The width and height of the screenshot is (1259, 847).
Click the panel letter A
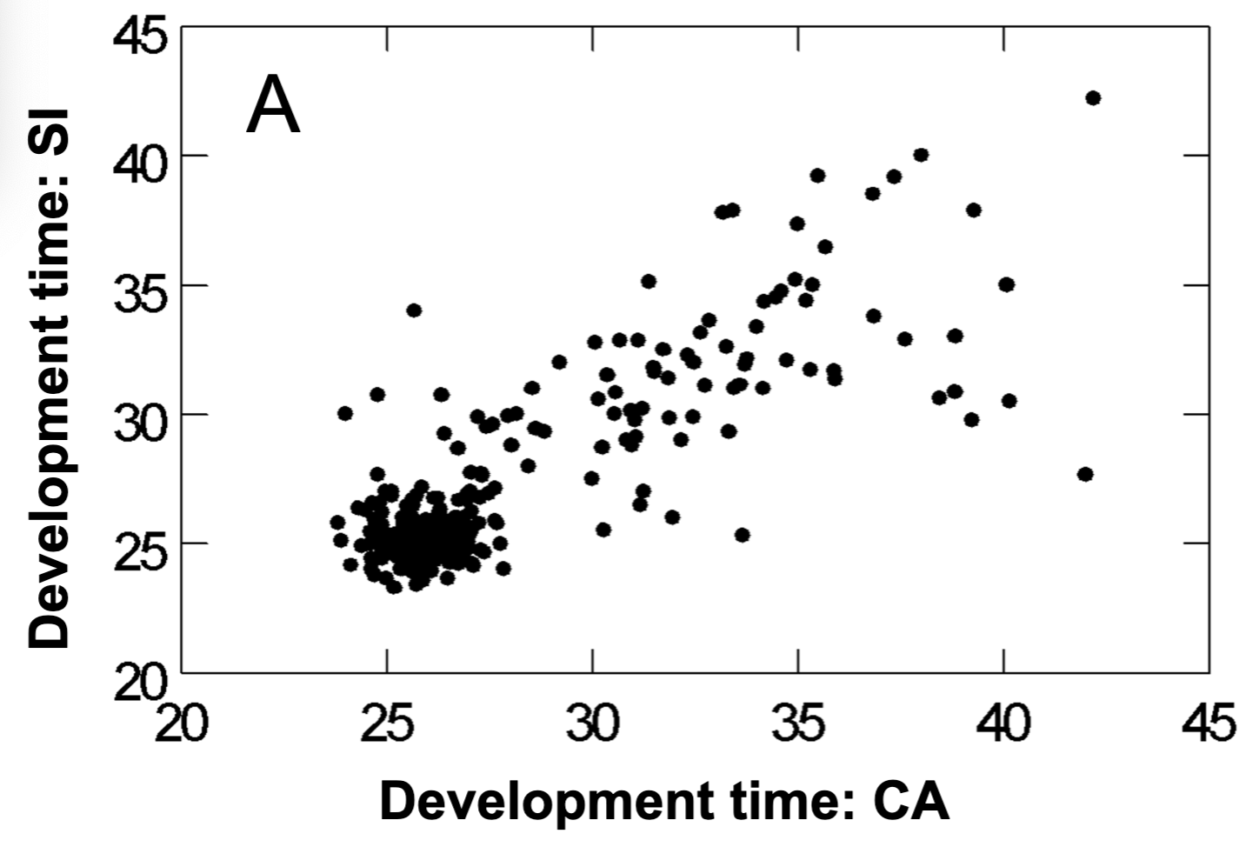[x=273, y=106]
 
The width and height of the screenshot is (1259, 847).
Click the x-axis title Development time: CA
[x=664, y=802]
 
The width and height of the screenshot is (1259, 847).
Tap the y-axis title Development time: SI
[x=50, y=377]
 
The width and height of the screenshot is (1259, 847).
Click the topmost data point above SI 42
[x=1093, y=98]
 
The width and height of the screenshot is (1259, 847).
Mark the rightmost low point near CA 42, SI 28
[x=1084, y=474]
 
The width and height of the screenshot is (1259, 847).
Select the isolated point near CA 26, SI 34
[x=414, y=310]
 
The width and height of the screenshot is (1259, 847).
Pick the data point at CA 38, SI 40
[x=921, y=155]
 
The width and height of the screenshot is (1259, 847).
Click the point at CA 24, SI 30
[x=345, y=413]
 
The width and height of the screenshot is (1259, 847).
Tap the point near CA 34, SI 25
[x=742, y=535]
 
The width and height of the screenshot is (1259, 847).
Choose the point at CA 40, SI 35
[x=1006, y=284]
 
